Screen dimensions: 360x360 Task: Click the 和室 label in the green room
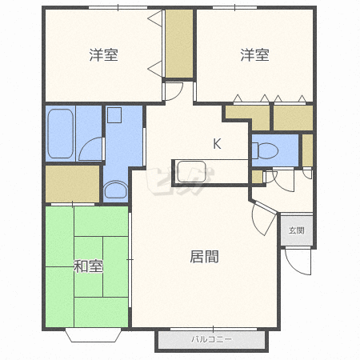(x=88, y=266)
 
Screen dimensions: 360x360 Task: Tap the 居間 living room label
(x=204, y=257)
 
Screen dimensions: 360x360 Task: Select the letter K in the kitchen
(x=217, y=144)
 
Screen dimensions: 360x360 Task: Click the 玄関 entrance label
(x=297, y=230)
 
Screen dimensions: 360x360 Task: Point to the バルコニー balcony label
(x=212, y=339)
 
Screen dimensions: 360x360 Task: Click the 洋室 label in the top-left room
(x=103, y=54)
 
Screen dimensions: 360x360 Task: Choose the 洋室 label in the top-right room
(x=254, y=54)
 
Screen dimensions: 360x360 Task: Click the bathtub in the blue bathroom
(x=61, y=134)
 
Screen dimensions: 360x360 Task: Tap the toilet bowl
(x=265, y=150)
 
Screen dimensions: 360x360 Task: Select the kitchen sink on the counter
(x=191, y=171)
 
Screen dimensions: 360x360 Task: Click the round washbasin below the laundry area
(x=116, y=190)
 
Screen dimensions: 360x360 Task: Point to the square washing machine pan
(x=114, y=115)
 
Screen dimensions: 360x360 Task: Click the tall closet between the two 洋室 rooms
(x=179, y=43)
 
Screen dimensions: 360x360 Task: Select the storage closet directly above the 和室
(x=72, y=184)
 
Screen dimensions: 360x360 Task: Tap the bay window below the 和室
(x=94, y=336)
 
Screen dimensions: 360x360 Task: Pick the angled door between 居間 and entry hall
(x=264, y=218)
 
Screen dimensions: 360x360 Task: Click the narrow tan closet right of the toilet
(x=307, y=150)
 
